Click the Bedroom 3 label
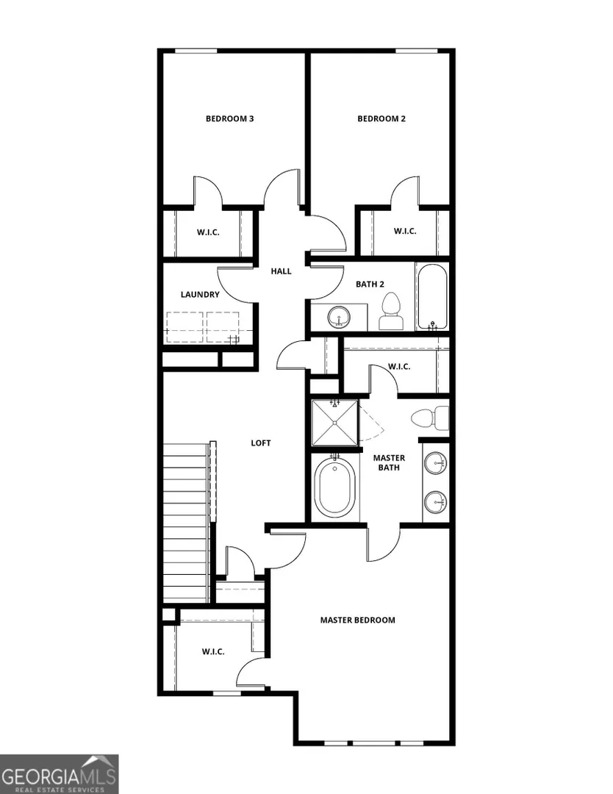pos(230,119)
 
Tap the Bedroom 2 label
pos(381,119)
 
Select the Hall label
pos(281,271)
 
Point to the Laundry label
pos(200,295)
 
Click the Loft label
pos(261,443)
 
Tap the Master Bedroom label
pos(358,620)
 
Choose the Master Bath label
pos(389,463)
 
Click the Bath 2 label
pos(370,284)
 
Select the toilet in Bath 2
pos(391,312)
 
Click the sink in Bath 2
pos(339,318)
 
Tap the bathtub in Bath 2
pos(431,297)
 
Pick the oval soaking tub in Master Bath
pos(334,489)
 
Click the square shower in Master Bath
pos(334,423)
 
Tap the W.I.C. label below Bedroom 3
pos(208,233)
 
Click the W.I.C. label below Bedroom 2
pos(405,232)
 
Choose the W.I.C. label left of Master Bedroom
pos(213,651)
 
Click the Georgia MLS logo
pos(60,774)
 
